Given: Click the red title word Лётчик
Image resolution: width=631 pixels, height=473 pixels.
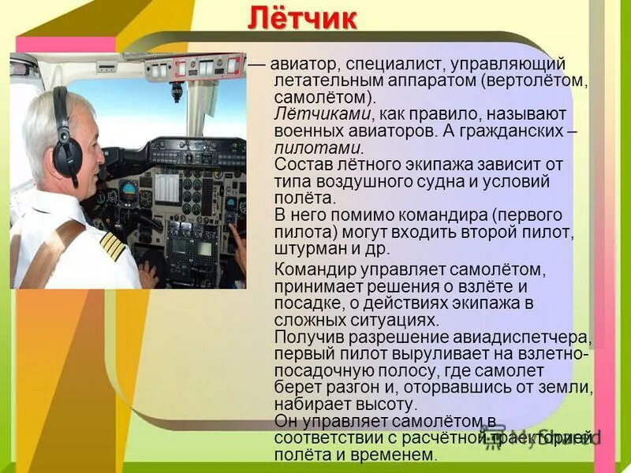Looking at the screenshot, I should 302,18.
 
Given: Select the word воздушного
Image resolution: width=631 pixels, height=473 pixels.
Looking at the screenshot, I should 376,181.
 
